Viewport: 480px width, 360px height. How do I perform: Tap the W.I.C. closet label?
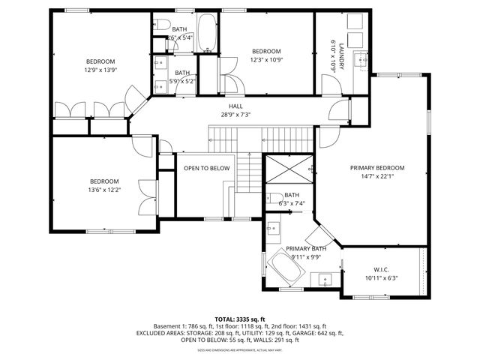point(381,269)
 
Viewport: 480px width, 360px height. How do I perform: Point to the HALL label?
point(236,106)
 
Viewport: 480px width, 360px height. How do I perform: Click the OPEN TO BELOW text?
point(206,168)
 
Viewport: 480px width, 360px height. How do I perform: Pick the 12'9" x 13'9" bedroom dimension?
point(100,70)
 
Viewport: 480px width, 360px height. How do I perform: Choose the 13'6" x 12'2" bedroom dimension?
point(105,190)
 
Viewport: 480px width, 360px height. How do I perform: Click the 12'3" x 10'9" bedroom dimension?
point(266,59)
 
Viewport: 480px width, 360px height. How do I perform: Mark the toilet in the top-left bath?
point(162,26)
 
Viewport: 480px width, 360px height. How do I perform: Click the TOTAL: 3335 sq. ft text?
point(240,319)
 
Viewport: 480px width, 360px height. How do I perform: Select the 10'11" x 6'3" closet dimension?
point(381,277)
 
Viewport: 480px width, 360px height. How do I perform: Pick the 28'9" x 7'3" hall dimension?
point(236,115)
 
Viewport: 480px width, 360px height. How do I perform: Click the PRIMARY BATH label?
point(305,248)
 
